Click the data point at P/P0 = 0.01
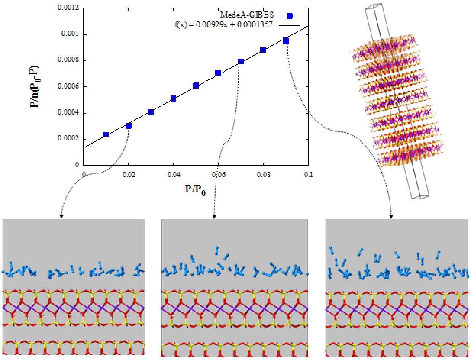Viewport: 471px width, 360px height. click(106, 135)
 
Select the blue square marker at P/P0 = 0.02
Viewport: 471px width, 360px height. click(129, 126)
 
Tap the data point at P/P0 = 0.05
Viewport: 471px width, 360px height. click(196, 86)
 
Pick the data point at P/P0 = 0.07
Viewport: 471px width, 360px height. click(241, 61)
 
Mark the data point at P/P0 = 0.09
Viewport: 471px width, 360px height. click(286, 40)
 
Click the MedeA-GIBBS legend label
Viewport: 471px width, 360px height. click(247, 15)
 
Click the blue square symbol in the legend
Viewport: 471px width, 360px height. click(290, 16)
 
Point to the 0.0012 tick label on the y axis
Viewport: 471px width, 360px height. click(70, 8)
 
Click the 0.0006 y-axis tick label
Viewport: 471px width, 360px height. click(70, 87)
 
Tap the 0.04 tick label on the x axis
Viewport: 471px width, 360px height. click(173, 174)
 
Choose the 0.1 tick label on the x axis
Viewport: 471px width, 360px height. click(308, 174)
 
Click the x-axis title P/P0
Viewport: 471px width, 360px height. click(195, 190)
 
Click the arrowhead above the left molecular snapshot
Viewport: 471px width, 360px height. click(61, 216)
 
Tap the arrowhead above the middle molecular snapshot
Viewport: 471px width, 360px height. click(214, 216)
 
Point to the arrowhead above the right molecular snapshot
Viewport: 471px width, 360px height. click(391, 216)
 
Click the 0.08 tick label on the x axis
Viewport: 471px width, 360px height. click(263, 174)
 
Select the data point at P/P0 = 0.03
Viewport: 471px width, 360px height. click(151, 112)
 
